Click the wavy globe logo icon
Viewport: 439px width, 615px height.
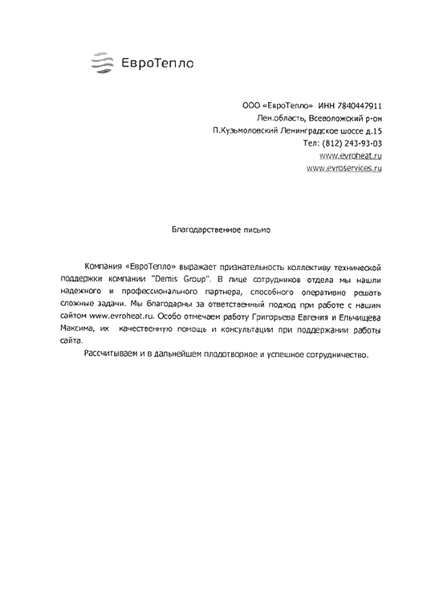102,63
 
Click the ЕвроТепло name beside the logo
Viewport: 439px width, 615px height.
157,64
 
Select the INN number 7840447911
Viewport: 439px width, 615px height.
359,106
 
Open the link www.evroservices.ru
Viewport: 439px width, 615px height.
344,168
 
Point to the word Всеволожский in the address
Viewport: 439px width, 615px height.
335,118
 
